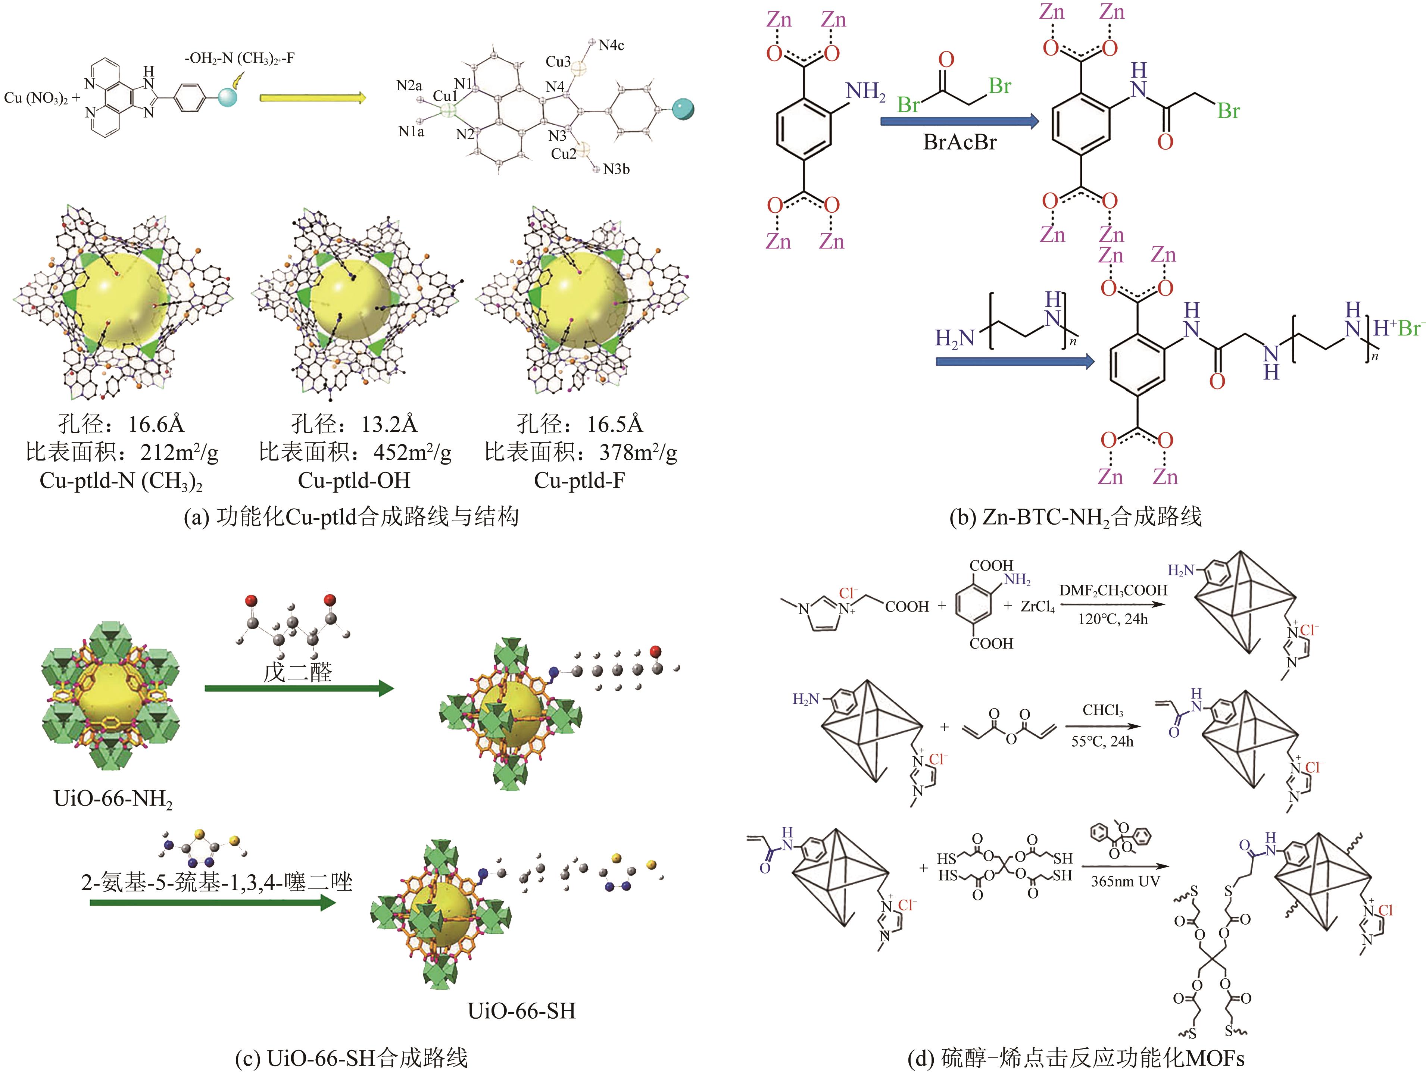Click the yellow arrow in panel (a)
(x=313, y=98)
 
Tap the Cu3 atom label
(x=558, y=62)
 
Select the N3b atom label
(x=616, y=169)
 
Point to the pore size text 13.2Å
(x=389, y=424)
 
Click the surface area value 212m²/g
(x=179, y=453)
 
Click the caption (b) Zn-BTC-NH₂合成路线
(x=1075, y=517)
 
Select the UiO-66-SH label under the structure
(x=521, y=1010)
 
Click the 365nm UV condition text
(x=1125, y=881)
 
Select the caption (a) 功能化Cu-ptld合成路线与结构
(x=351, y=517)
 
